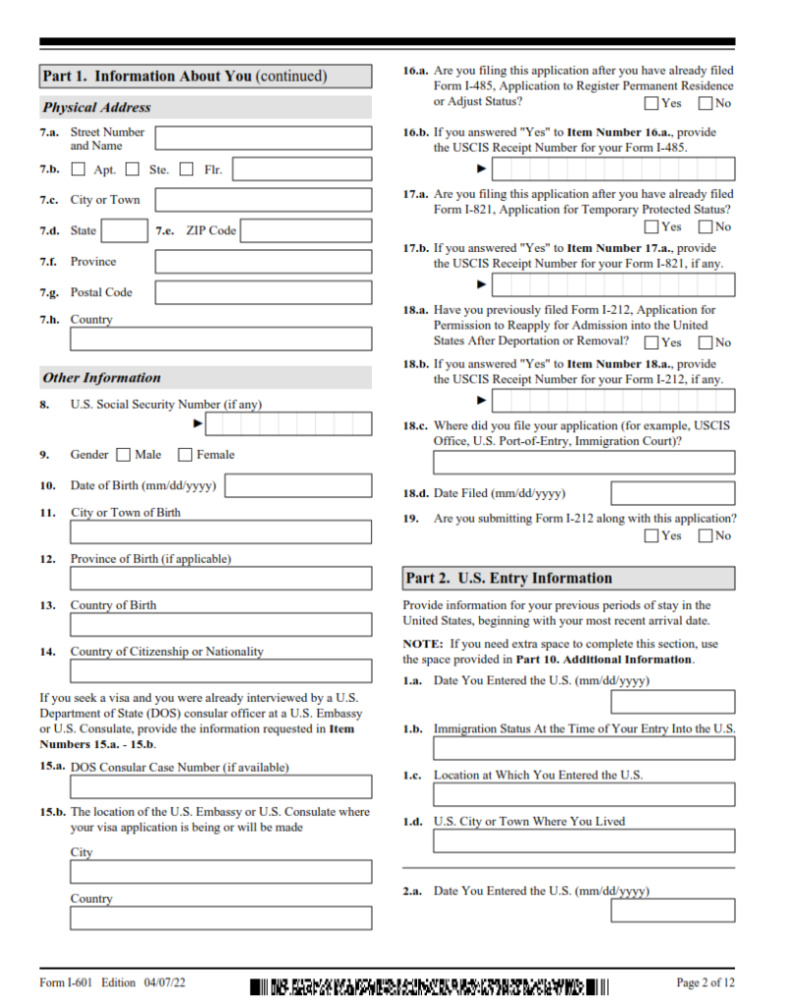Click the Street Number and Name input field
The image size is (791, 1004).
click(x=263, y=138)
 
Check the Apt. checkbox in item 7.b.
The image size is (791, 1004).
click(x=79, y=170)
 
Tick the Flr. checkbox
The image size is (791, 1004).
click(x=186, y=170)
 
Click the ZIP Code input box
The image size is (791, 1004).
click(x=306, y=231)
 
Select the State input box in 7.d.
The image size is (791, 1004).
click(x=125, y=231)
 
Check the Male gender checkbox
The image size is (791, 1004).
click(x=123, y=455)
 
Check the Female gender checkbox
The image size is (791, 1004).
click(x=185, y=455)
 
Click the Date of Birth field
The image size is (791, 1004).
click(x=298, y=486)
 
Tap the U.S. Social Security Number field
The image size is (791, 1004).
click(x=289, y=425)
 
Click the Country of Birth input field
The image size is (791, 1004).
click(x=221, y=625)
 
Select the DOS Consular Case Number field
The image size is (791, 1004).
click(x=221, y=786)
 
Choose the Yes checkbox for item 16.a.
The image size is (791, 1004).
click(x=652, y=103)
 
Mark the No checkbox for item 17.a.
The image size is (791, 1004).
click(x=705, y=226)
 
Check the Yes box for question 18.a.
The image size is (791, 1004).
click(x=652, y=342)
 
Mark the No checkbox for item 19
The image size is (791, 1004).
click(x=705, y=535)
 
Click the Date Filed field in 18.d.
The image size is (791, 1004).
click(x=672, y=493)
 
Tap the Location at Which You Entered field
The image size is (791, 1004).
click(x=583, y=794)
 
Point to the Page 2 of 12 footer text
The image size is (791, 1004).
click(x=705, y=982)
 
